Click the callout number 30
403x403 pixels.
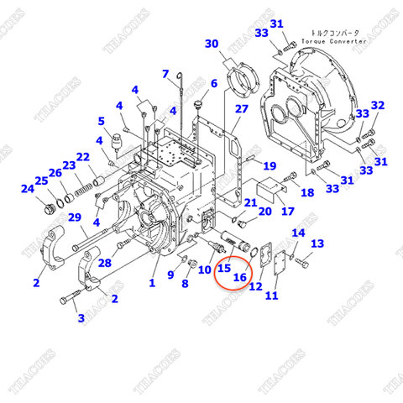[212, 44]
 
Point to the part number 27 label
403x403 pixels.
[241, 109]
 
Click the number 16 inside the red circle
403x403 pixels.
[239, 277]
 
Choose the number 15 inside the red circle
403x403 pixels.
[224, 268]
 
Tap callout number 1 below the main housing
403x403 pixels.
[153, 284]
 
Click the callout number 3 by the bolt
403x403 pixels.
[81, 318]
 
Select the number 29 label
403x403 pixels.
[74, 218]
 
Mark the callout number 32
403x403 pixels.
[378, 106]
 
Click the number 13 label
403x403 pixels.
[317, 243]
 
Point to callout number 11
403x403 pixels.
[271, 296]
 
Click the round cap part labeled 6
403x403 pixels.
[198, 105]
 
